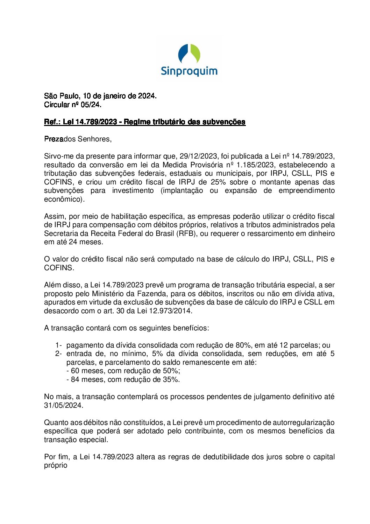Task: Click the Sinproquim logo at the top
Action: pos(189,60)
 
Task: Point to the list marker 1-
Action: pos(58,345)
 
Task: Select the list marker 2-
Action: pos(58,354)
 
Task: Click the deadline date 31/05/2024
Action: pos(63,405)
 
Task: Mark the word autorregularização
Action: pos(304,422)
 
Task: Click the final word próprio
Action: pos(56,466)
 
